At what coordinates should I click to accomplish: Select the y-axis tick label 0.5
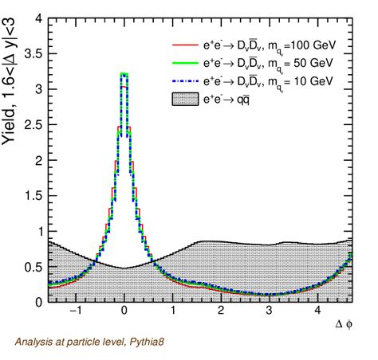[x=35, y=267]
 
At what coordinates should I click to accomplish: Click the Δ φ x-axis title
[x=342, y=326]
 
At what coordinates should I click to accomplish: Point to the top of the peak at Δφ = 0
[x=124, y=74]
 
